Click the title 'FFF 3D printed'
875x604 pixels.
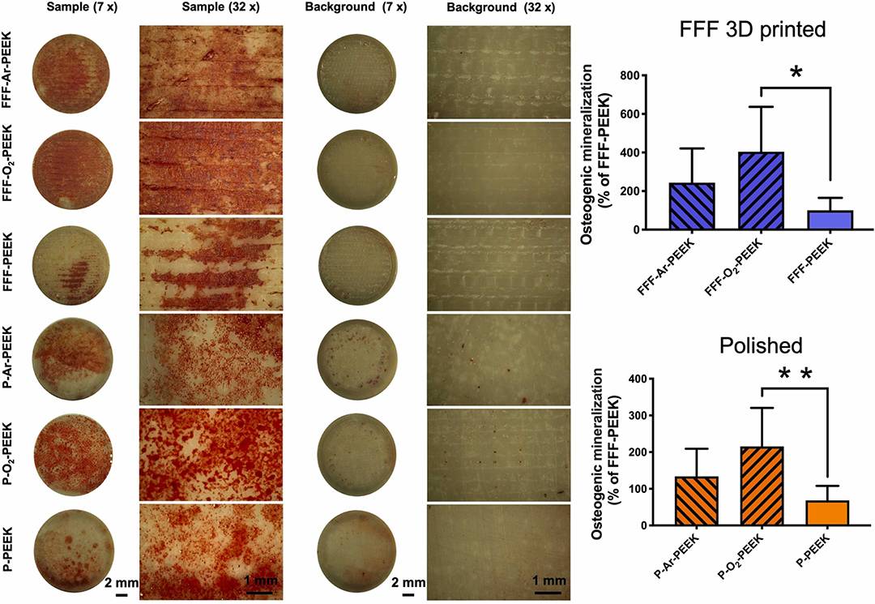coord(753,32)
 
